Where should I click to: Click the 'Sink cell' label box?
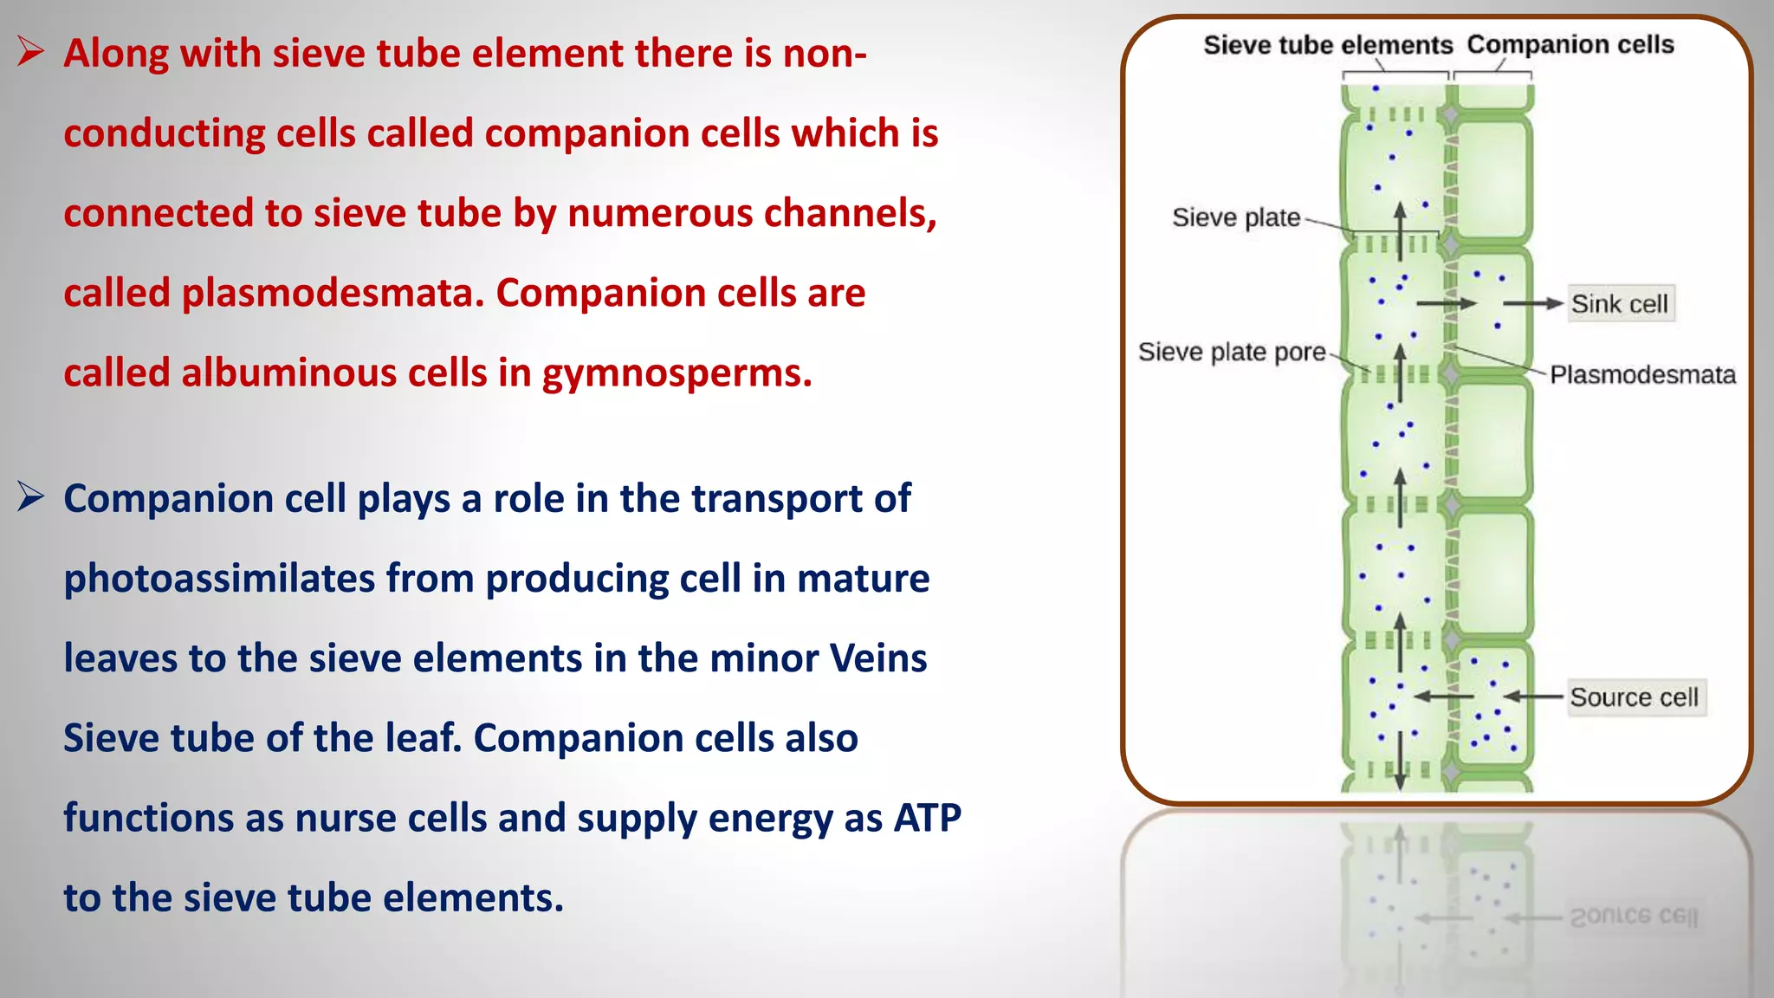pos(1621,304)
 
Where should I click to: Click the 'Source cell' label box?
pos(1635,697)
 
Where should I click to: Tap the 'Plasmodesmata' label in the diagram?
pos(1642,375)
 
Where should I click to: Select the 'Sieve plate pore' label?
pos(1231,352)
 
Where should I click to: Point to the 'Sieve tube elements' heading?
pos(1327,45)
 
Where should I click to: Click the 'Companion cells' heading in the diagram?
pos(1570,44)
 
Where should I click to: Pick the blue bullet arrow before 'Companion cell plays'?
pos(30,497)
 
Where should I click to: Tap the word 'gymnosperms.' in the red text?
pos(677,373)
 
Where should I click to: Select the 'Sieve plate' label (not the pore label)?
pos(1235,217)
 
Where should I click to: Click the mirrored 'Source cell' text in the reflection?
pos(1634,917)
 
